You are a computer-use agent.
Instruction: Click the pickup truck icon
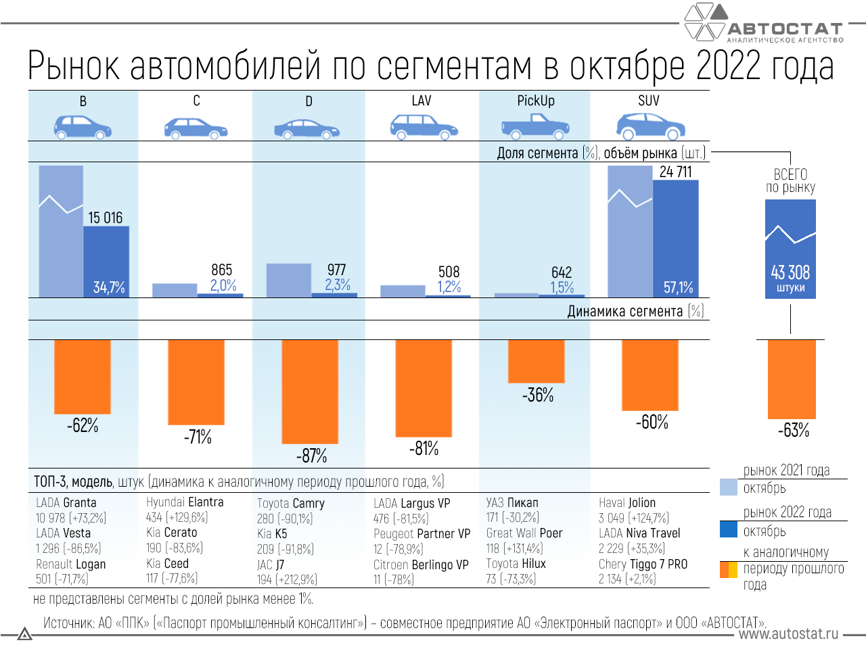[x=534, y=126]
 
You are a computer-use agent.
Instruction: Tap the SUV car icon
[x=649, y=126]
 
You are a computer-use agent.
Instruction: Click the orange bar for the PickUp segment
[x=536, y=361]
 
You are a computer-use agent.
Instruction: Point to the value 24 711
[x=675, y=172]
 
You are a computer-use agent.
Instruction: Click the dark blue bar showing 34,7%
[x=106, y=261]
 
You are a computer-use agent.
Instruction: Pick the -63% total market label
[x=793, y=431]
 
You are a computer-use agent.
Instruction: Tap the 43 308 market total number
[x=790, y=272]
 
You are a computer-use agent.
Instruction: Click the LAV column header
[x=421, y=101]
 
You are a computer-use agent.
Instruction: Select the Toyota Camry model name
[x=291, y=504]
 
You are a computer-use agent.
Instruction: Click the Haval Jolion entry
[x=627, y=503]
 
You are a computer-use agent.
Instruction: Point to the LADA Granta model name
[x=66, y=503]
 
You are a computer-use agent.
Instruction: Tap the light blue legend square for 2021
[x=729, y=487]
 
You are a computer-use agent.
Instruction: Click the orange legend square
[x=729, y=570]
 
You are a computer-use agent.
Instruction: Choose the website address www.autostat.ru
[x=788, y=634]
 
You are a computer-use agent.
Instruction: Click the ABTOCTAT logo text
[x=785, y=29]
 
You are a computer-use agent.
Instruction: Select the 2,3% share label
[x=337, y=285]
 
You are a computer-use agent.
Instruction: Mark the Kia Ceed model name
[x=167, y=564]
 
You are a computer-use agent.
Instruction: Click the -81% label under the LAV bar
[x=424, y=449]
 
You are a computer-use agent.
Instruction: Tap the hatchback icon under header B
[x=83, y=126]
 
